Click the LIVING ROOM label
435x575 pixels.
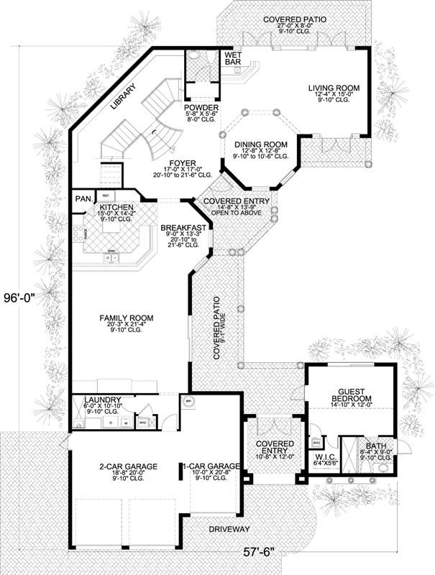333,88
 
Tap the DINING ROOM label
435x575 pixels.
261,144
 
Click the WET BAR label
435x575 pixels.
232,59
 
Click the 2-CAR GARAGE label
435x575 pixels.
128,467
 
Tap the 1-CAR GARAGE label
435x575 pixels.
211,467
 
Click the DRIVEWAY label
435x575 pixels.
229,529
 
